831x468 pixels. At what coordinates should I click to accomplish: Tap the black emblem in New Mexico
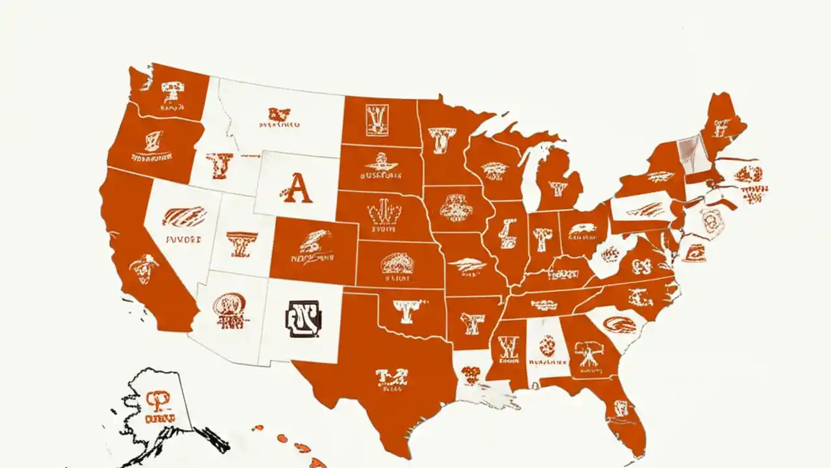point(303,318)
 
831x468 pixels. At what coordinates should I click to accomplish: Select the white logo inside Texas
point(391,378)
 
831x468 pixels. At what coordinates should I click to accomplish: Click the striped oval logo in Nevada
point(184,216)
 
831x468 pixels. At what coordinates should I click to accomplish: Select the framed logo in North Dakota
point(377,121)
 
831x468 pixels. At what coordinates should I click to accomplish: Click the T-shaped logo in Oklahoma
point(411,311)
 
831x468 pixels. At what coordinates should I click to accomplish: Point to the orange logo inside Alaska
point(158,398)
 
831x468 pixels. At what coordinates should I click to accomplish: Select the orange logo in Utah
point(242,244)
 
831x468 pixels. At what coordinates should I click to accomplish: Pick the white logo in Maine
point(722,127)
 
